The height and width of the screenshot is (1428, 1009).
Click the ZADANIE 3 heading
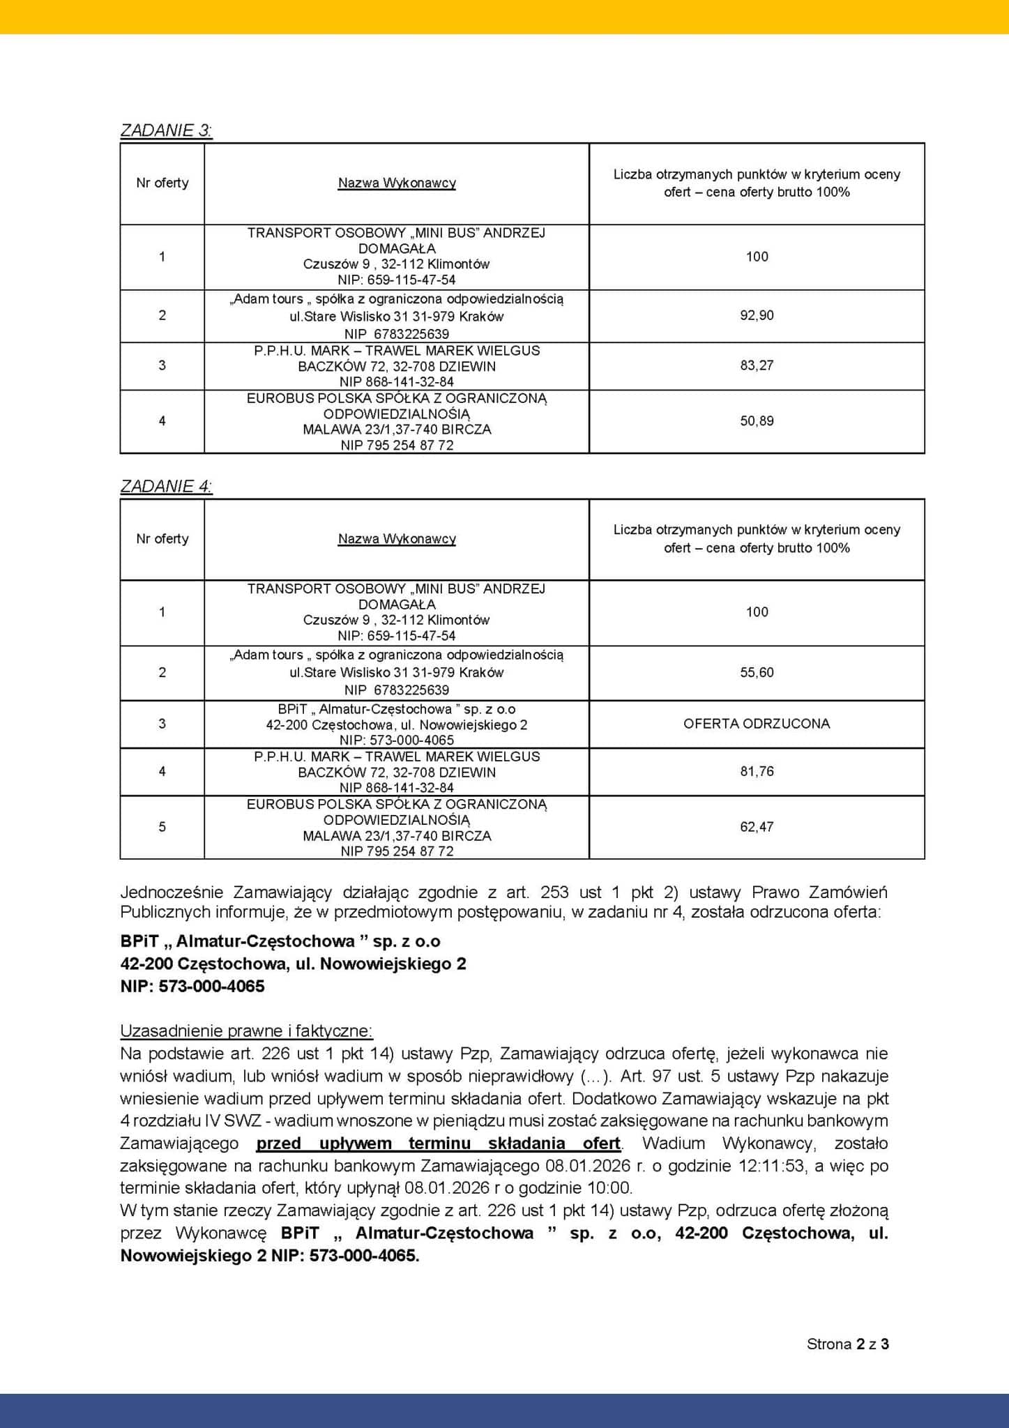pyautogui.click(x=166, y=130)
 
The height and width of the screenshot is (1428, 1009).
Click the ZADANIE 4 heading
pyautogui.click(x=166, y=486)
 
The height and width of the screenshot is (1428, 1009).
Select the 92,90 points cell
pyautogui.click(x=757, y=315)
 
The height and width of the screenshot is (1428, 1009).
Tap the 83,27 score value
pyautogui.click(x=757, y=365)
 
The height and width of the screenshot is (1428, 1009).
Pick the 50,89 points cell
pyautogui.click(x=757, y=420)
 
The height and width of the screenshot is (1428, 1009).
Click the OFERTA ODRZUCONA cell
pyautogui.click(x=757, y=723)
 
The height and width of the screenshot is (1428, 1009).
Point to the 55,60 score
pyautogui.click(x=757, y=672)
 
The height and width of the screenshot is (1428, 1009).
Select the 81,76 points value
pyautogui.click(x=757, y=771)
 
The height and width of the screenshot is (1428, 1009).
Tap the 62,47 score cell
pyautogui.click(x=757, y=826)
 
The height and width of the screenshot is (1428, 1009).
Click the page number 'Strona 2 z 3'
pyautogui.click(x=847, y=1344)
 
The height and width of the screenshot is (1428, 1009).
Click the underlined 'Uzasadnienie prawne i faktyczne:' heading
pyautogui.click(x=246, y=1031)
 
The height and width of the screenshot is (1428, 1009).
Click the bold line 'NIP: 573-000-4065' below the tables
pyautogui.click(x=192, y=986)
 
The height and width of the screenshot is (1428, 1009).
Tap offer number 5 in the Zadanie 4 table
pyautogui.click(x=162, y=826)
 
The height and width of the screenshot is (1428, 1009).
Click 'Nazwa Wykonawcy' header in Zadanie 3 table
pyautogui.click(x=397, y=183)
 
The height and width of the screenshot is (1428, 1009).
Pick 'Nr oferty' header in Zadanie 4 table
pyautogui.click(x=162, y=538)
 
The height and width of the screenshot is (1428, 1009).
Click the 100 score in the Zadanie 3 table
pyautogui.click(x=757, y=256)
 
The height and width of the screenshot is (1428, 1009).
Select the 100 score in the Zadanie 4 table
pyautogui.click(x=757, y=612)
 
